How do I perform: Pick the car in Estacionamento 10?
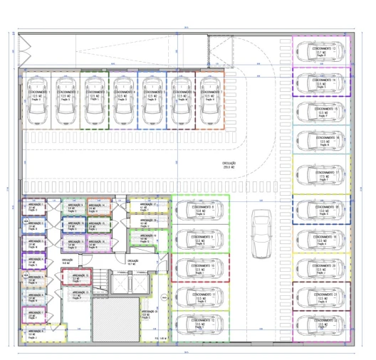201,268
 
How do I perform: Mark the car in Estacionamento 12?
201,324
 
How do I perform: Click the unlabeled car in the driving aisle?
261,233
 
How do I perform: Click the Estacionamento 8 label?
202,207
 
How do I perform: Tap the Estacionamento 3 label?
94,92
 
